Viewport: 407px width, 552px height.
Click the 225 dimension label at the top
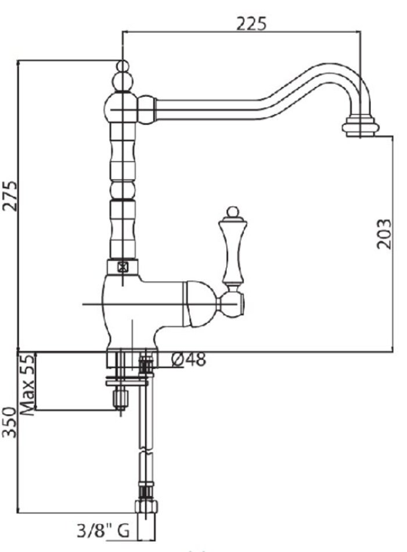pyautogui.click(x=251, y=24)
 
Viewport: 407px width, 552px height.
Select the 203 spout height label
pyautogui.click(x=383, y=234)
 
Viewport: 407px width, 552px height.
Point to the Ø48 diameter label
pyautogui.click(x=189, y=360)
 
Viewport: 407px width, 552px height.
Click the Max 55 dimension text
pyautogui.click(x=27, y=385)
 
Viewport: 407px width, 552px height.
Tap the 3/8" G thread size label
pyautogui.click(x=103, y=531)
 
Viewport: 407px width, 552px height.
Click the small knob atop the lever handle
pyautogui.click(x=232, y=212)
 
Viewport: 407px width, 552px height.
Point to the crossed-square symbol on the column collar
pyautogui.click(x=123, y=267)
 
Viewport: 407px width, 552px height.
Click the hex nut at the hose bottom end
pyautogui.click(x=146, y=507)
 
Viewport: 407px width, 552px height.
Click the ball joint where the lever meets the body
pyautogui.click(x=232, y=303)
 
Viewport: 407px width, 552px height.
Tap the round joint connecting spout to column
pyautogui.click(x=146, y=109)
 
